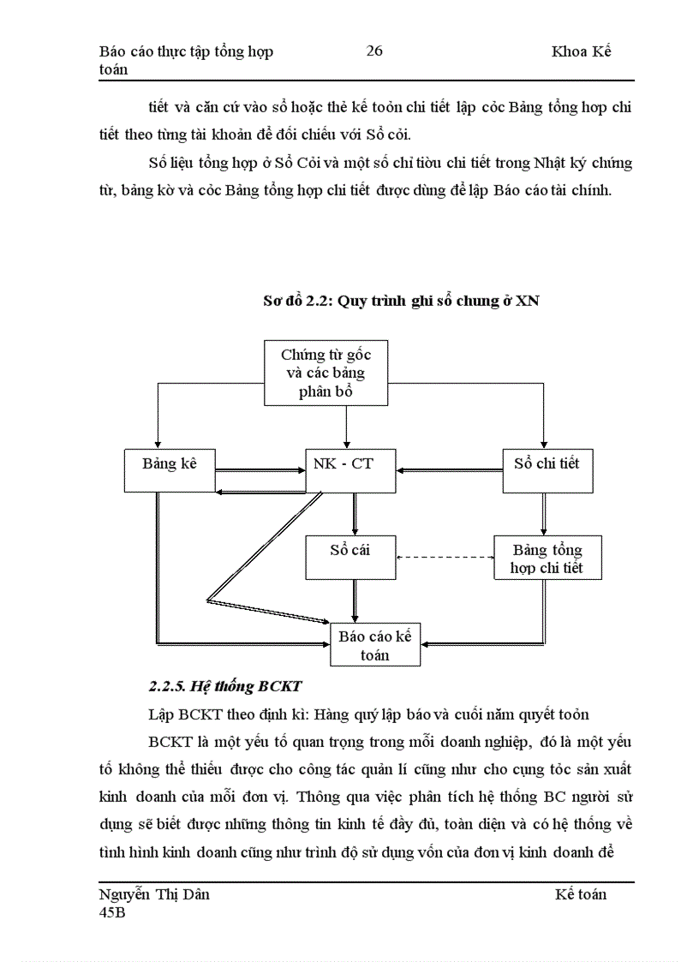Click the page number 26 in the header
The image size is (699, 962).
coord(374,51)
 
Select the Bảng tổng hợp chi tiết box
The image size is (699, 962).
coord(547,558)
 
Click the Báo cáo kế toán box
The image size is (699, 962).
coord(374,644)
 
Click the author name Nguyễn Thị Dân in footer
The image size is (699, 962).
coord(155,894)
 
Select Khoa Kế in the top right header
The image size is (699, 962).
coord(582,51)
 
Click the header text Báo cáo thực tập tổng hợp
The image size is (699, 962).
coord(186,51)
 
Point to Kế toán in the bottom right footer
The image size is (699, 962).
coord(580,894)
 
